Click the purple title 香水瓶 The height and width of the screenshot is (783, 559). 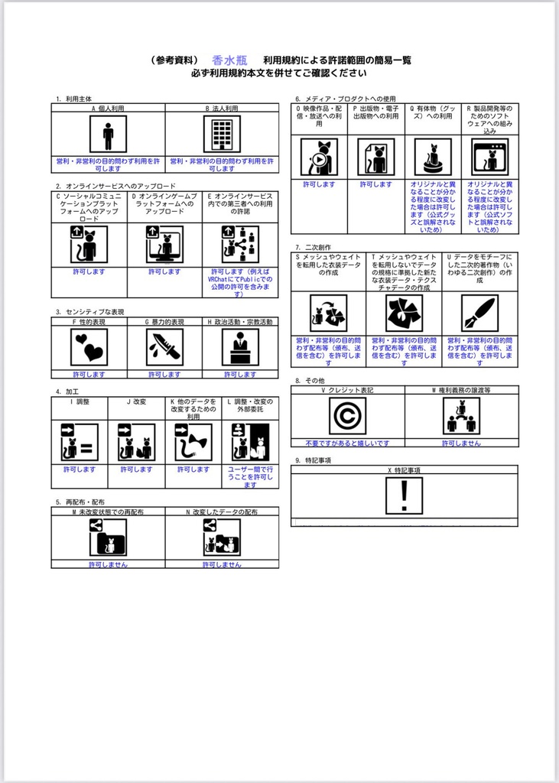pyautogui.click(x=229, y=60)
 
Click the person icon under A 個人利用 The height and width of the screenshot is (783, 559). pyautogui.click(x=108, y=135)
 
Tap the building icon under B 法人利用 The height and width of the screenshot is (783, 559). pyautogui.click(x=222, y=135)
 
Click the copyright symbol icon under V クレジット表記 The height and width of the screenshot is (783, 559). pyautogui.click(x=347, y=416)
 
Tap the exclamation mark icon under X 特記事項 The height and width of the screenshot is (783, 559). pyautogui.click(x=404, y=496)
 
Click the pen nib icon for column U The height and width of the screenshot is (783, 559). pyautogui.click(x=479, y=313)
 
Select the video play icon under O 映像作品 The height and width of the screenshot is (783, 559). pyautogui.click(x=319, y=158)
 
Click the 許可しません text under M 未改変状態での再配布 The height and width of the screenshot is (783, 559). pyautogui.click(x=108, y=564)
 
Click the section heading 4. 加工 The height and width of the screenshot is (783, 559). pyautogui.click(x=67, y=391)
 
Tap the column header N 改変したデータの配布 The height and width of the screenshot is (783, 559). pyautogui.click(x=222, y=512)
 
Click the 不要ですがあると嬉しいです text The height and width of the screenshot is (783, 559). pyautogui.click(x=347, y=443)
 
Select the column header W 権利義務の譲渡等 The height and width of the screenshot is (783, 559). pyautogui.click(x=461, y=390)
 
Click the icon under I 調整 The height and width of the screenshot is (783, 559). pyautogui.click(x=80, y=443)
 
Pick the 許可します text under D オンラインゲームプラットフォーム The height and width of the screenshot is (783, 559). pyautogui.click(x=164, y=271)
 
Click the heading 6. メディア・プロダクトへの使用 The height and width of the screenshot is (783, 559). pyautogui.click(x=346, y=99)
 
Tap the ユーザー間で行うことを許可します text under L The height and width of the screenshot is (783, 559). pyautogui.click(x=250, y=477)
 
